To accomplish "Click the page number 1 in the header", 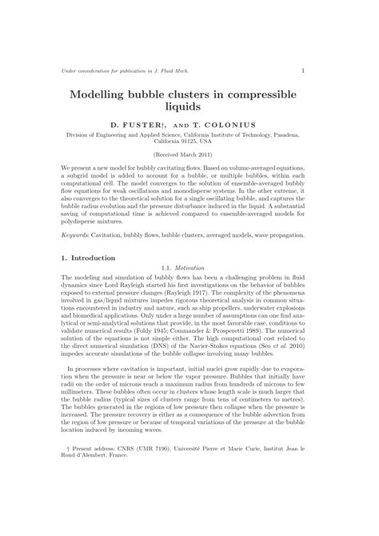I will [302, 70].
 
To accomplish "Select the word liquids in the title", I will [189, 106].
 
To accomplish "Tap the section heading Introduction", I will [94, 258].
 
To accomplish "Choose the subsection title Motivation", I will [197, 268].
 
